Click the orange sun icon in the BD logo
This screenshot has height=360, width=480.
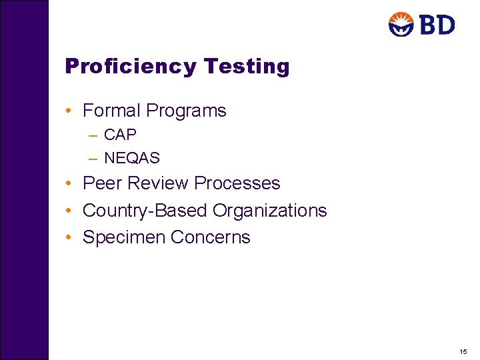(x=401, y=25)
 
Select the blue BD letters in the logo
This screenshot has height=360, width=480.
(x=437, y=25)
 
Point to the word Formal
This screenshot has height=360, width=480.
(x=111, y=111)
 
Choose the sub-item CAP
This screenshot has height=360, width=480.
(x=120, y=135)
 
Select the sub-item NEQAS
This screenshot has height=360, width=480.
(x=132, y=158)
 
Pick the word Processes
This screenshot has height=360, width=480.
(x=239, y=183)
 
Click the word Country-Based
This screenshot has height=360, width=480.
(x=145, y=211)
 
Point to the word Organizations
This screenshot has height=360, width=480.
(x=269, y=211)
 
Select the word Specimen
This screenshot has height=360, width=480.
(x=124, y=237)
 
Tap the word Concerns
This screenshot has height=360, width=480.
(x=210, y=237)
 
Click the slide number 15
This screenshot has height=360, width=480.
(x=463, y=351)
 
